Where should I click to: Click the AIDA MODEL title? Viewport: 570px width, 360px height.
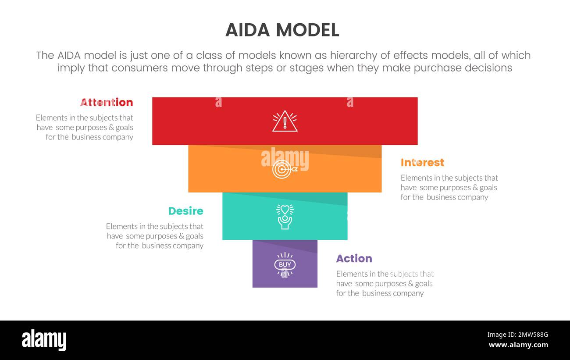point(282,30)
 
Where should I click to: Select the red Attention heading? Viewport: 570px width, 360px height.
point(107,102)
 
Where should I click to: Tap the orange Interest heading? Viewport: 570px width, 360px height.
point(422,163)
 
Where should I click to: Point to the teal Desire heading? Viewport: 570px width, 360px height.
point(186,211)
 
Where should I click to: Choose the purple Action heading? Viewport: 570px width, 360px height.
point(354,259)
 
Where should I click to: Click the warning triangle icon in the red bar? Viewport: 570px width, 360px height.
point(285,121)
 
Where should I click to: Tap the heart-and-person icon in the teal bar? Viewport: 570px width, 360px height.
point(285,217)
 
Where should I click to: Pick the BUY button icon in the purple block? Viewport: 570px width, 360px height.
point(285,264)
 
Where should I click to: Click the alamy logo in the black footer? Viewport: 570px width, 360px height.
point(44,340)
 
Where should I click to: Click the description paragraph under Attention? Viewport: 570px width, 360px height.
point(85,127)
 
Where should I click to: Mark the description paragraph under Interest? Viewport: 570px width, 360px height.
point(449,187)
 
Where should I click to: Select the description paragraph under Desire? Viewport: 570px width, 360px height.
point(155,236)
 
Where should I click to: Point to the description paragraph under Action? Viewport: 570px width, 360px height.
point(385,283)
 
